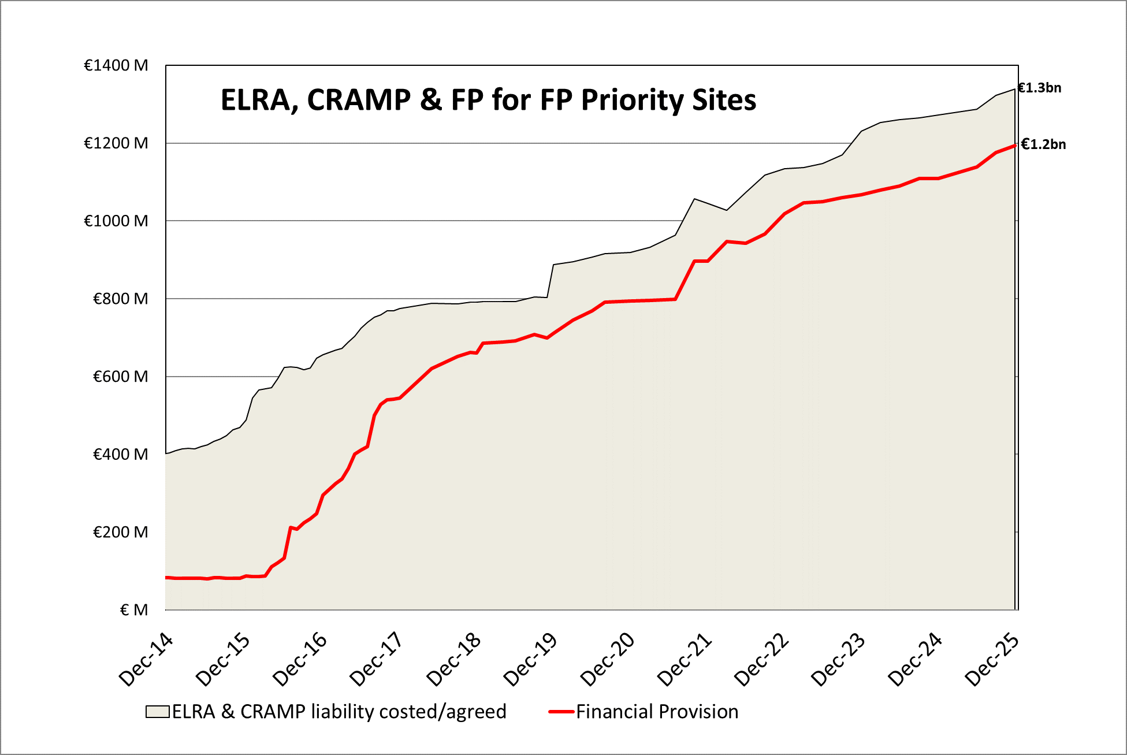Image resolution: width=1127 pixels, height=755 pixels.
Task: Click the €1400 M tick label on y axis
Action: [116, 65]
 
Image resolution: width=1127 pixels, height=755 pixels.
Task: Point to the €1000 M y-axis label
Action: [116, 221]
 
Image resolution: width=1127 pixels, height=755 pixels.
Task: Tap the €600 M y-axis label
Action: [120, 377]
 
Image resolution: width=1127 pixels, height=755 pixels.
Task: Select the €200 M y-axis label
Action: [120, 532]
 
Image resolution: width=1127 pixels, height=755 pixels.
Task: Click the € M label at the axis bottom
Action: [134, 610]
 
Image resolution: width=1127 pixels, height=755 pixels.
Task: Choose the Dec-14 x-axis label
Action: [146, 660]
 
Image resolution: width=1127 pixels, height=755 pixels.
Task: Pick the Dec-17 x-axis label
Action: [376, 660]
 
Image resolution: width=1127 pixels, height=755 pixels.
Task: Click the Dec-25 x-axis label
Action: [992, 660]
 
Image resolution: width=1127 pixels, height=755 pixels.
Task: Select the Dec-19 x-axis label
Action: [530, 660]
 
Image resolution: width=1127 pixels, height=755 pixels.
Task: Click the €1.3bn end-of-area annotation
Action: [1039, 88]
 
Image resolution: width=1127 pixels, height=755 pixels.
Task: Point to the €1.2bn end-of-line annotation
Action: [1043, 144]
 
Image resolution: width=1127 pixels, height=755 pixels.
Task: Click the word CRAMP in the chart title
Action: [359, 100]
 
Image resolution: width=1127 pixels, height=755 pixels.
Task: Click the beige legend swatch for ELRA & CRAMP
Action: [157, 712]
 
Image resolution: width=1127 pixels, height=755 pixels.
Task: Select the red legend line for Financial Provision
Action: [561, 712]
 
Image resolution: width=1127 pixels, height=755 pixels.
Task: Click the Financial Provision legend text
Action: [657, 712]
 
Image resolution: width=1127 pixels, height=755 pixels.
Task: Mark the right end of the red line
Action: [1014, 146]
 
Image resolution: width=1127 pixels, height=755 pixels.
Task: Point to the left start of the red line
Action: [167, 578]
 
